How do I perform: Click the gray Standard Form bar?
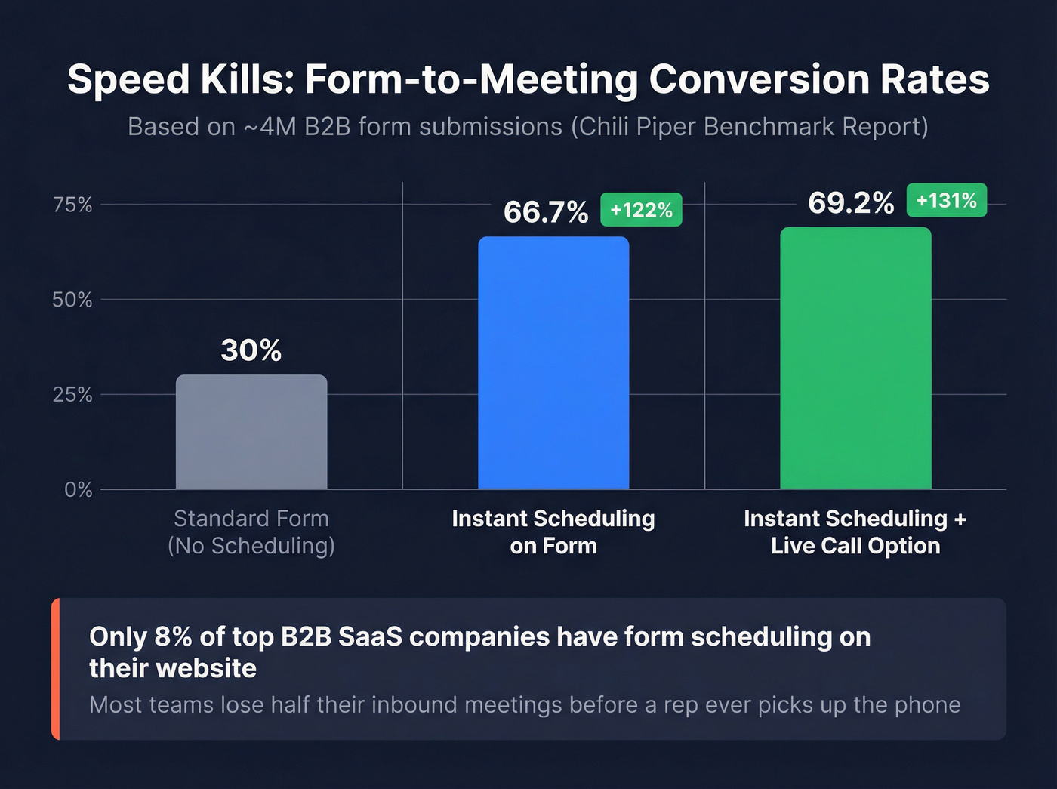[251, 432]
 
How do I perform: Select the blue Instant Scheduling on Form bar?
[553, 363]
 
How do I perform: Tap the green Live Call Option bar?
[855, 359]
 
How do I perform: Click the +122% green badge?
[641, 210]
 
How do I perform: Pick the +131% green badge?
[946, 201]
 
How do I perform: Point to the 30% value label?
[251, 350]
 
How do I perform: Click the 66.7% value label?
[546, 212]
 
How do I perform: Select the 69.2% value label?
[851, 202]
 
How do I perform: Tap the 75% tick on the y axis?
[72, 205]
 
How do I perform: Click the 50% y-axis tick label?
[72, 300]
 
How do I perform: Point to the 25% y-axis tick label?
[72, 395]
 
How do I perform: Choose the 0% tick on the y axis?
[78, 490]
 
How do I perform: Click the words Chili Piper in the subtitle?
[637, 127]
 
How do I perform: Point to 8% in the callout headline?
[173, 637]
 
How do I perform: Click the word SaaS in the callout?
[370, 637]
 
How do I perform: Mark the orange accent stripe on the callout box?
[55, 669]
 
